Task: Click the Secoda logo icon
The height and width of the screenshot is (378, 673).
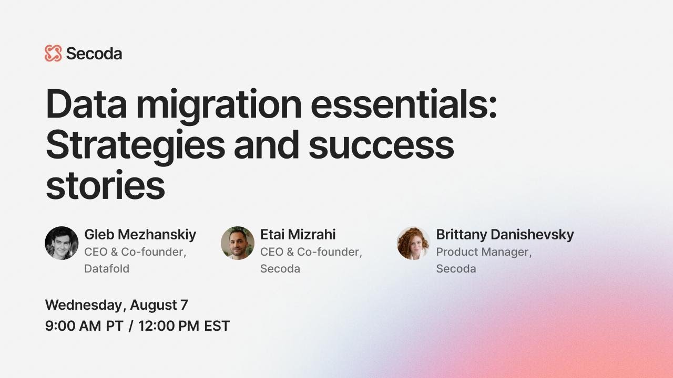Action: pyautogui.click(x=53, y=54)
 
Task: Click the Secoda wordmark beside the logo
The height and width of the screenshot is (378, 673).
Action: pyautogui.click(x=94, y=54)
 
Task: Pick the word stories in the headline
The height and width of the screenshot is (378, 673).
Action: pyautogui.click(x=105, y=185)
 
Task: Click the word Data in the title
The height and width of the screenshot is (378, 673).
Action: pyautogui.click(x=84, y=104)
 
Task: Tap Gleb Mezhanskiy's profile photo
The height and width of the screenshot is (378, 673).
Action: pyautogui.click(x=62, y=243)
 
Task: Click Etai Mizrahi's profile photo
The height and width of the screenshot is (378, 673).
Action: pyautogui.click(x=238, y=243)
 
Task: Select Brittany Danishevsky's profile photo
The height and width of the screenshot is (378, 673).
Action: pyautogui.click(x=413, y=243)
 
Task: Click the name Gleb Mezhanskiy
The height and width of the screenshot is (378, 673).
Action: pyautogui.click(x=140, y=234)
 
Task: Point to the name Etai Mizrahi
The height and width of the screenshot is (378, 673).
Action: pyautogui.click(x=298, y=234)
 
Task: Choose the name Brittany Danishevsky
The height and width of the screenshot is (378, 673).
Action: pyautogui.click(x=505, y=234)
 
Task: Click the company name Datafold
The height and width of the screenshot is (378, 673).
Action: pyautogui.click(x=107, y=268)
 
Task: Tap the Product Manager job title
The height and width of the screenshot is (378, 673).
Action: pyautogui.click(x=484, y=252)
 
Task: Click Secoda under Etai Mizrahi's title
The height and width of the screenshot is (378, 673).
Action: pyautogui.click(x=280, y=268)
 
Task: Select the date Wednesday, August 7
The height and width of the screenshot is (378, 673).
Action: pyautogui.click(x=116, y=304)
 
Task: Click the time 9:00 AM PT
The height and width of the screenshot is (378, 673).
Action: pyautogui.click(x=84, y=325)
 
